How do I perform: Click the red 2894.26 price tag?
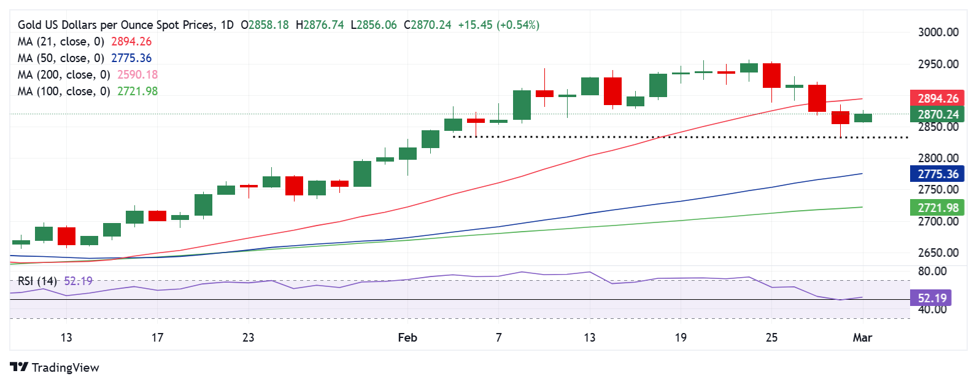click(937, 98)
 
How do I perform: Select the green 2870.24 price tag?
click(937, 114)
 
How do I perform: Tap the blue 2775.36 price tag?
click(937, 174)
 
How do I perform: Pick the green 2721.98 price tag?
click(937, 208)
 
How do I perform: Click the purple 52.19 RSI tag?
click(932, 298)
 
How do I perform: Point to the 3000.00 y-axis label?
click(938, 32)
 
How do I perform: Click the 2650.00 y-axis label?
click(938, 253)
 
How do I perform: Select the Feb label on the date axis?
click(407, 337)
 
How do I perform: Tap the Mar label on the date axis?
click(862, 337)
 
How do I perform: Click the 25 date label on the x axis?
click(771, 337)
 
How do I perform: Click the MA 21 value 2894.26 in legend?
click(131, 41)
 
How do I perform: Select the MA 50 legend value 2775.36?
click(131, 58)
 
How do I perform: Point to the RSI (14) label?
click(37, 281)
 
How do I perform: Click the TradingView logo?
click(54, 367)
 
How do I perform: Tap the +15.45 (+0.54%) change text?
click(498, 25)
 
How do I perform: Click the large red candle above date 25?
click(771, 76)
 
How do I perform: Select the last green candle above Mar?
click(863, 118)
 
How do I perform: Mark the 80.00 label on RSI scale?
click(932, 271)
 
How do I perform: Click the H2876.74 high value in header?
click(320, 25)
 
